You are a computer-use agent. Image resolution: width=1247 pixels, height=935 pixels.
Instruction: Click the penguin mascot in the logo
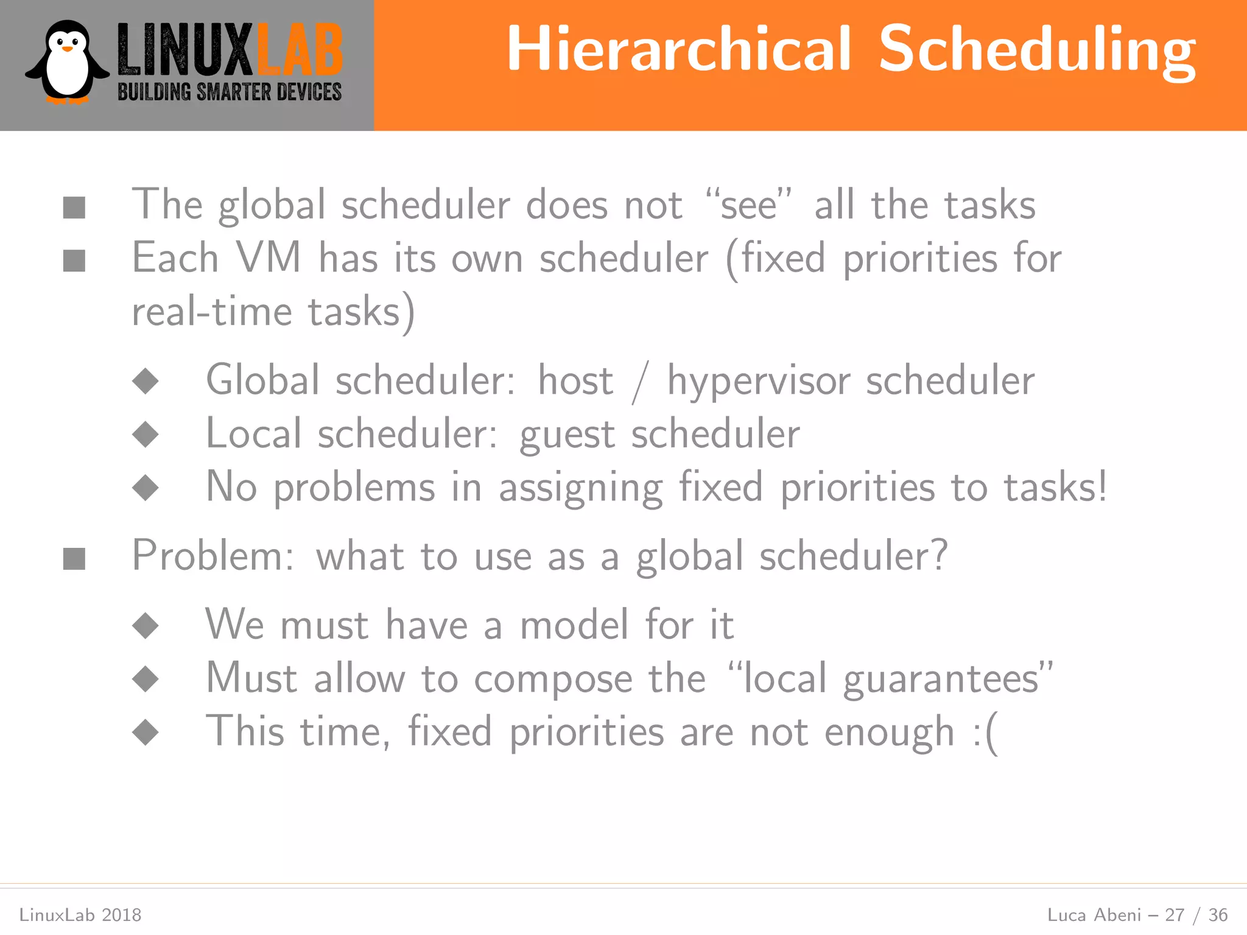coord(67,62)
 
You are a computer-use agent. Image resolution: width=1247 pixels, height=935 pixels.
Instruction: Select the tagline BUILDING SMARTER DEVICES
coord(230,92)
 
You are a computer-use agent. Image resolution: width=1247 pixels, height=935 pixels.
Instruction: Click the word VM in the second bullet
coord(269,257)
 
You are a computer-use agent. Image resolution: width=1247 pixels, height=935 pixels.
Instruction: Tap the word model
coord(574,625)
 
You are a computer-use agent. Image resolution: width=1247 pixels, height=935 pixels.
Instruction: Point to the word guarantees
coord(941,679)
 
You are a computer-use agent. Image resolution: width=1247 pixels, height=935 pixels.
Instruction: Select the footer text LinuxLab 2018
coord(80,915)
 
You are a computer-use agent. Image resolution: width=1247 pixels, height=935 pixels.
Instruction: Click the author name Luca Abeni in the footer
coord(1094,915)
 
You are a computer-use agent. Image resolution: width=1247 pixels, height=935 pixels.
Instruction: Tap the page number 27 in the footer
coord(1175,915)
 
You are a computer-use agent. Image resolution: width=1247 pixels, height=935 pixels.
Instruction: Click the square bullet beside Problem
coord(74,558)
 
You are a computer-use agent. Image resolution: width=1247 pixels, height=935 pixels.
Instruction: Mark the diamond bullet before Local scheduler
coord(146,435)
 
